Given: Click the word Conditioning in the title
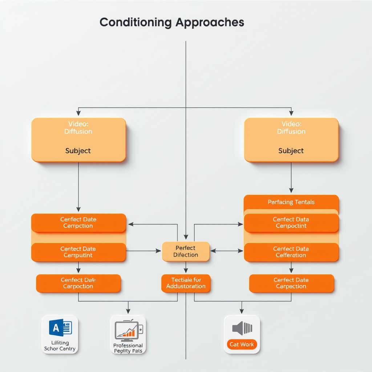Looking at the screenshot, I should pyautogui.click(x=136, y=22).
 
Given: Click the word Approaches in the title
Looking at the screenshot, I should pyautogui.click(x=210, y=22).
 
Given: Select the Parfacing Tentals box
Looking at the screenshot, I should pyautogui.click(x=291, y=202).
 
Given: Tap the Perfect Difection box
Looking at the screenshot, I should pyautogui.click(x=186, y=251).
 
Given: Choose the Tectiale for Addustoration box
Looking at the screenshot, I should pyautogui.click(x=186, y=283).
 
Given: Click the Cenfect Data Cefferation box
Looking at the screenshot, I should pyautogui.click(x=291, y=252).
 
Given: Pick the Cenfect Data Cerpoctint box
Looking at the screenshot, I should pyautogui.click(x=291, y=223).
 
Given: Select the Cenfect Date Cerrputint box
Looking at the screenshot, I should pyautogui.click(x=78, y=252).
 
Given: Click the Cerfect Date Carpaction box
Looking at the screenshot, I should pyautogui.click(x=291, y=283).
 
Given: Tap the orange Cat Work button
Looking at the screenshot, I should pyautogui.click(x=242, y=344).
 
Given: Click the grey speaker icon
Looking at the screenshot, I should pyautogui.click(x=242, y=328).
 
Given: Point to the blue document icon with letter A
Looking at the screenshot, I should pyautogui.click(x=60, y=328).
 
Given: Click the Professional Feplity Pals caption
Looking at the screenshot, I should pyautogui.click(x=128, y=348).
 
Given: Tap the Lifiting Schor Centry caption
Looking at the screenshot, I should pyautogui.click(x=60, y=346).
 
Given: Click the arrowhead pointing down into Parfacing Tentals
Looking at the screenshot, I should pyautogui.click(x=291, y=190).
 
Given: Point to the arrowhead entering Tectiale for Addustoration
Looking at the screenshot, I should pyautogui.click(x=186, y=271).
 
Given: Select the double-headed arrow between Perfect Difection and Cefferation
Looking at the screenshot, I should pyautogui.click(x=226, y=251).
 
